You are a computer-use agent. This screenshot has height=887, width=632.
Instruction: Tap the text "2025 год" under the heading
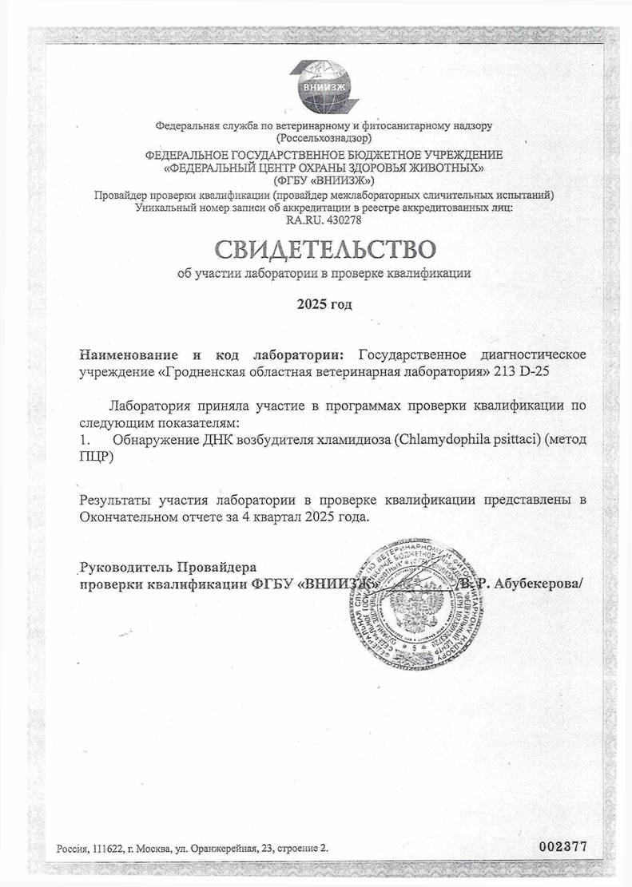point(324,304)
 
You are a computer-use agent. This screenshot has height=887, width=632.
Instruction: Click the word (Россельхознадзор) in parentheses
point(324,138)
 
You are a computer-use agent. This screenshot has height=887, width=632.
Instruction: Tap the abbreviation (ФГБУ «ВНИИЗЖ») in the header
point(324,181)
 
